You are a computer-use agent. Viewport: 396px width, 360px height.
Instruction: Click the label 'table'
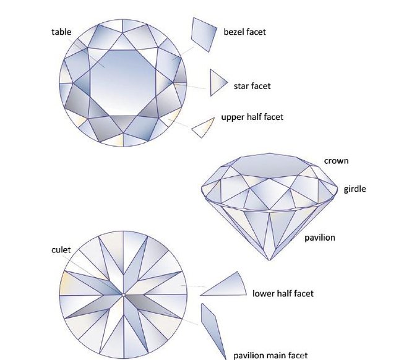(x=61, y=31)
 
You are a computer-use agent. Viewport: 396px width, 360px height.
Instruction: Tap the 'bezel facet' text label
(x=244, y=32)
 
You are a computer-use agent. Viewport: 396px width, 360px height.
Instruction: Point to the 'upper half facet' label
(x=252, y=117)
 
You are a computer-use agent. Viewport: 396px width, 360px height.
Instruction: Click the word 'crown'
(x=336, y=161)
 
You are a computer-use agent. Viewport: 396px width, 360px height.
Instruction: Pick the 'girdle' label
(x=355, y=189)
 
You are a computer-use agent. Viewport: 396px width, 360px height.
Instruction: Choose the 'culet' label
(x=61, y=250)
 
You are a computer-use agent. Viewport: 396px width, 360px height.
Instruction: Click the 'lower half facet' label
(x=283, y=293)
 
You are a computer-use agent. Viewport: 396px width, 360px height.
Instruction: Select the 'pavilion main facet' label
(x=270, y=355)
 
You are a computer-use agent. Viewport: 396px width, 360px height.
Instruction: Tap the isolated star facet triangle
(x=217, y=82)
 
